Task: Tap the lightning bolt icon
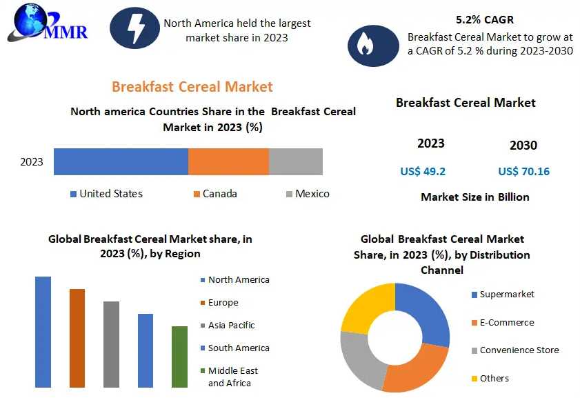(x=135, y=28)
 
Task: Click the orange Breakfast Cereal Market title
(x=192, y=86)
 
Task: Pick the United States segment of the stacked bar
(x=121, y=161)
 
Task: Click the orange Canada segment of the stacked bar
(x=228, y=161)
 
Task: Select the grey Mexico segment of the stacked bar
(x=295, y=161)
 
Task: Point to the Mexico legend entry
(x=307, y=194)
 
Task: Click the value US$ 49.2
(x=423, y=171)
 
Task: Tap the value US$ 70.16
(x=523, y=171)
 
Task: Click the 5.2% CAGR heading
(x=485, y=19)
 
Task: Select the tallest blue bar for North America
(x=43, y=332)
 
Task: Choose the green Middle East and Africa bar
(x=179, y=357)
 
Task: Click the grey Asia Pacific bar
(x=111, y=344)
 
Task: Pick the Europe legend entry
(x=222, y=302)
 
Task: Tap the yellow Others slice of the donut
(x=366, y=308)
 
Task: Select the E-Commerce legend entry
(x=506, y=322)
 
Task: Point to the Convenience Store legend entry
(x=519, y=350)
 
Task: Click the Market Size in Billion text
(x=474, y=197)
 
